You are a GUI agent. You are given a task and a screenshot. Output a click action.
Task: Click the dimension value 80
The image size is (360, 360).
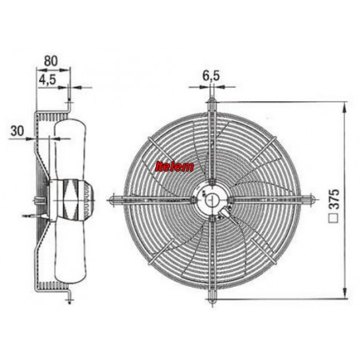[50, 61]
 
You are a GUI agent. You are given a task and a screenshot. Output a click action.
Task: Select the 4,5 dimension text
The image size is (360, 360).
[47, 80]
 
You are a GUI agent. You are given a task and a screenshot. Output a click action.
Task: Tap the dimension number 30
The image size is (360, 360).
[18, 131]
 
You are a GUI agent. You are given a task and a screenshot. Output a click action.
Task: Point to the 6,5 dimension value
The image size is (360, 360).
[211, 76]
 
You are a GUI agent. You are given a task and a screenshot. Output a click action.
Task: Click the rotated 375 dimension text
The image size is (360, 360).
[334, 199]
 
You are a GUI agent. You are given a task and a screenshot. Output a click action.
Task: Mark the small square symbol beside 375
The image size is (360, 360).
[334, 218]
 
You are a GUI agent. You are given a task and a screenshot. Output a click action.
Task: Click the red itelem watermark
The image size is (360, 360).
[174, 166]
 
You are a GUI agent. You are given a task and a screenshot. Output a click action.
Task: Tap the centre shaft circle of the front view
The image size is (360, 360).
[212, 200]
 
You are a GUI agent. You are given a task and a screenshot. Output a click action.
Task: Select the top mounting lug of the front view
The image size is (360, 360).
[212, 104]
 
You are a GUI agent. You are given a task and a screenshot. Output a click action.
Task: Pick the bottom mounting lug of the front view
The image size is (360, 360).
[212, 295]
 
